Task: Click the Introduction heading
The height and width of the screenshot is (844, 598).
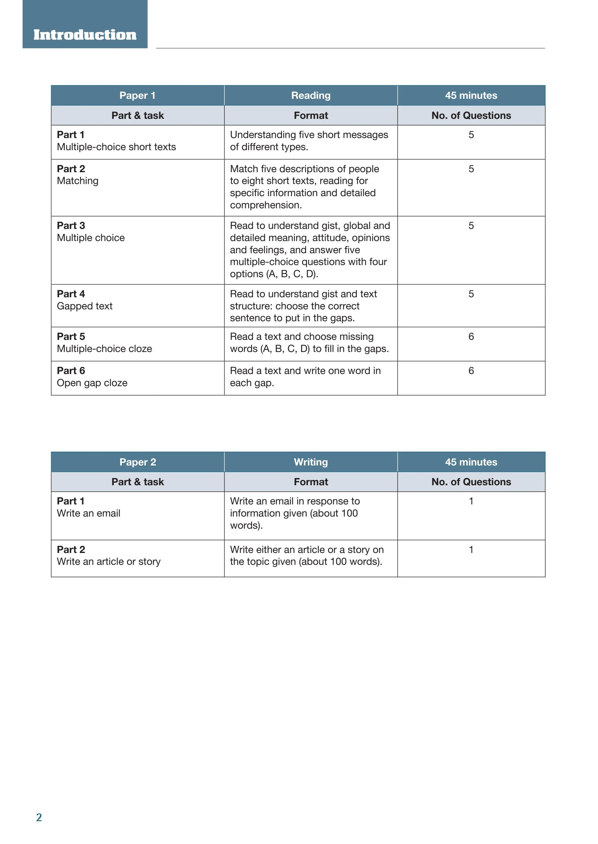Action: pyautogui.click(x=85, y=35)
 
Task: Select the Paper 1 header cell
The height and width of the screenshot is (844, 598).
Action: pyautogui.click(x=137, y=95)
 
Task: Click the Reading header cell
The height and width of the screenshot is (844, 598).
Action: pyautogui.click(x=311, y=95)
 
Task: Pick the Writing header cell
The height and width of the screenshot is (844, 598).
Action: pyautogui.click(x=311, y=462)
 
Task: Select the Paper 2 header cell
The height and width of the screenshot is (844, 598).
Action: pyautogui.click(x=137, y=462)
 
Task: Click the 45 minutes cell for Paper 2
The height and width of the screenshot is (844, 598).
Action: pyautogui.click(x=471, y=462)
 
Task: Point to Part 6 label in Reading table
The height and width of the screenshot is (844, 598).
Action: pyautogui.click(x=71, y=370)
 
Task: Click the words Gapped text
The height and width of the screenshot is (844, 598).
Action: pyautogui.click(x=85, y=306)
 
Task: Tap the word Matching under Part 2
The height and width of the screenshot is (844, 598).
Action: pyautogui.click(x=78, y=181)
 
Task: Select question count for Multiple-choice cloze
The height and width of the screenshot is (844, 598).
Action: pyautogui.click(x=471, y=336)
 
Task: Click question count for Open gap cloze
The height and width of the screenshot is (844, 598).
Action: pyautogui.click(x=471, y=370)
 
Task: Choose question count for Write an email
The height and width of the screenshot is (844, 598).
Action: pyautogui.click(x=471, y=501)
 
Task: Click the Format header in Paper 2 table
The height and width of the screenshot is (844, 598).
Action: pyautogui.click(x=311, y=482)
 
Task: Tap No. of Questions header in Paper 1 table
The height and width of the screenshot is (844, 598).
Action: pyautogui.click(x=471, y=115)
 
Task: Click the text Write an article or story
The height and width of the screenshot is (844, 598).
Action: pyautogui.click(x=109, y=561)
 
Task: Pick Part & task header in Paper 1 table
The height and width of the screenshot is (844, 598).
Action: pyautogui.click(x=137, y=115)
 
